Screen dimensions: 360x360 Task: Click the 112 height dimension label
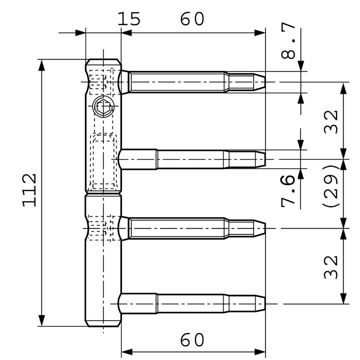coord(29,190)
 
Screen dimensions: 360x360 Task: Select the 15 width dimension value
coord(129,19)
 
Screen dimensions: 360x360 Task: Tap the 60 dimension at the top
coord(192,19)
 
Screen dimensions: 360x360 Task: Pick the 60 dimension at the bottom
coord(192,340)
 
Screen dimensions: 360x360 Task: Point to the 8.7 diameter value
coord(288,40)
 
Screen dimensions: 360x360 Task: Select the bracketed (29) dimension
coord(330,186)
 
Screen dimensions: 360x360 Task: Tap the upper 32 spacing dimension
coord(330,122)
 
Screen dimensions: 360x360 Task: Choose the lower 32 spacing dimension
coord(330,267)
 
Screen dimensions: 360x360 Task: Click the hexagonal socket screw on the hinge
coord(103,106)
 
